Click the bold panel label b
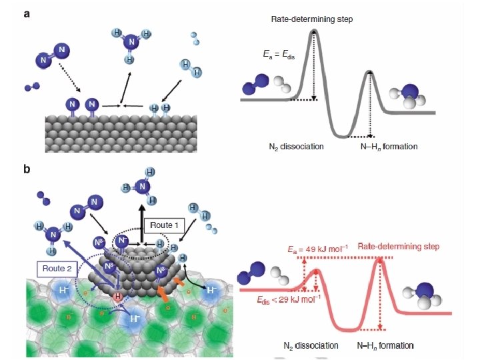[x=27, y=169]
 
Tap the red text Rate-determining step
[x=398, y=247]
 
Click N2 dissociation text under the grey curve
[x=291, y=146]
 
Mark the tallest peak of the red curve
[x=381, y=260]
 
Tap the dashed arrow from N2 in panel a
[x=67, y=79]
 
